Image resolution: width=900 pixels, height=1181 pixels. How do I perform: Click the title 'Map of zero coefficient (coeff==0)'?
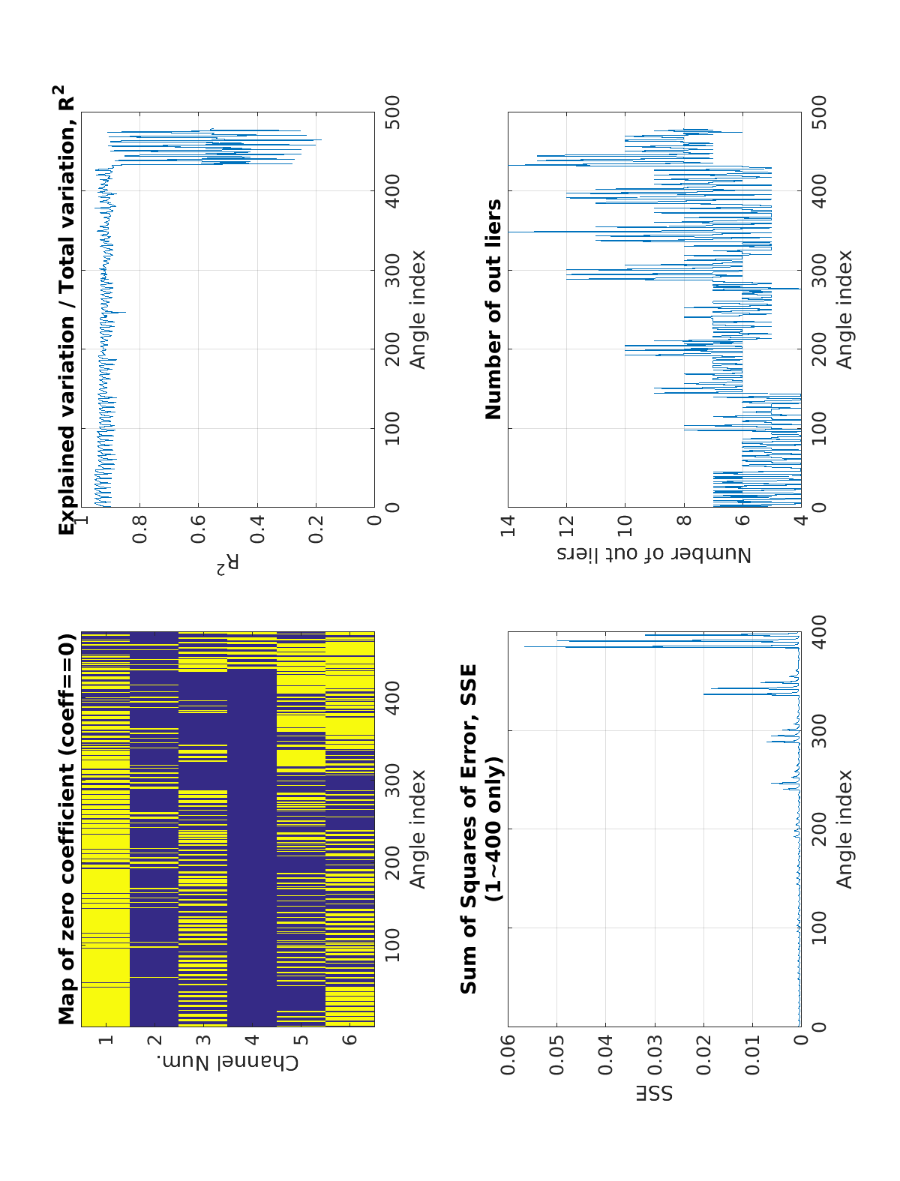67,829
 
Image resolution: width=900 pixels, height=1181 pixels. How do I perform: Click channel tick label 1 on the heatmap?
105,1039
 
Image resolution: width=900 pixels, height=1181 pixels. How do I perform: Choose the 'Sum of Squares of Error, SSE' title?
469,829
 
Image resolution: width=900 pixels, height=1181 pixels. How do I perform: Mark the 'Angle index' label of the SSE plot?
845,829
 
